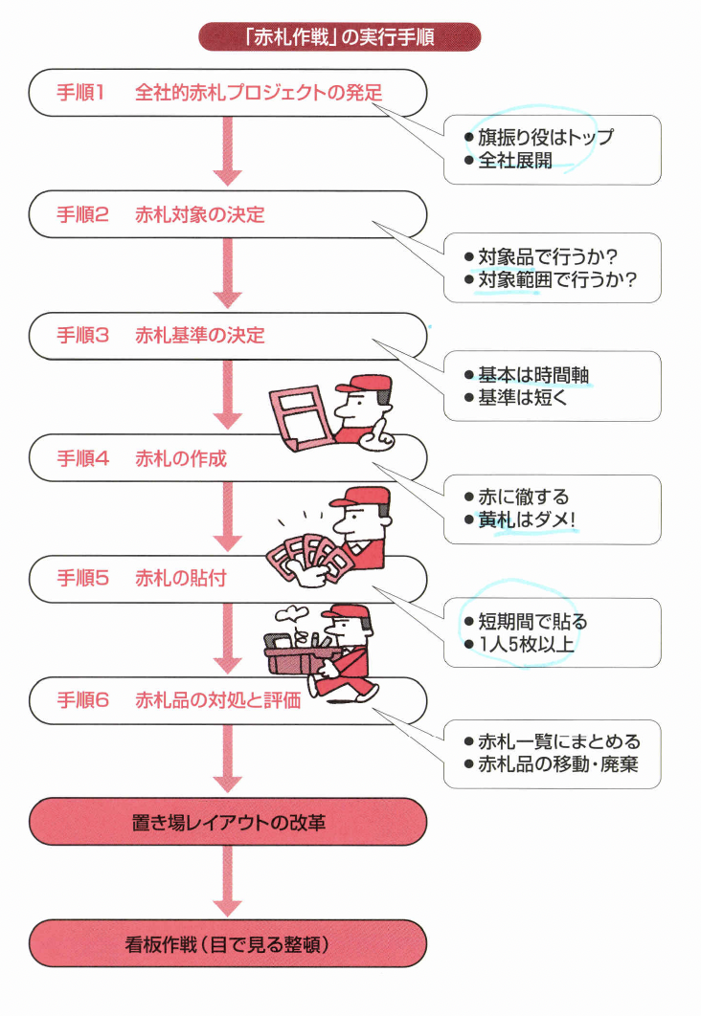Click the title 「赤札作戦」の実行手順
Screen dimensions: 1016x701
point(339,37)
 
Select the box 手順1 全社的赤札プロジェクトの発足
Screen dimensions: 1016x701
point(227,93)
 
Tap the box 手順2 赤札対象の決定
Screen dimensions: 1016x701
point(227,214)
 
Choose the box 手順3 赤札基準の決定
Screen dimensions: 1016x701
point(227,336)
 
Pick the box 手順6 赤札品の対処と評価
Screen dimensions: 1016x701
point(227,700)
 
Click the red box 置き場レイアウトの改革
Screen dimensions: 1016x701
point(227,821)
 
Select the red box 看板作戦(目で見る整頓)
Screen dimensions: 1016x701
point(227,943)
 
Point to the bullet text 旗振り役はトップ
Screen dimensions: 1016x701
point(545,137)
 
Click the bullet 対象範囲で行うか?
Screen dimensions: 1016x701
point(556,280)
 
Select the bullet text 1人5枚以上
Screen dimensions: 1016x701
point(526,644)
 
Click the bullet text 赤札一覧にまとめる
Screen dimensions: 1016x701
point(559,741)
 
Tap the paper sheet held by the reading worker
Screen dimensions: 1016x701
point(299,412)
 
